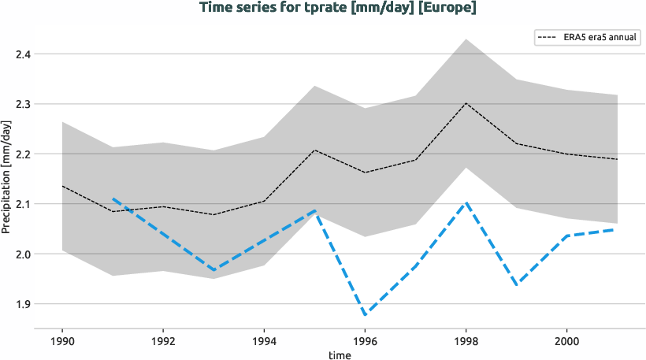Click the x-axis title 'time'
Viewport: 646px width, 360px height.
pyautogui.click(x=339, y=354)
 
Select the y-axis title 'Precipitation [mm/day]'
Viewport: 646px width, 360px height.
pyautogui.click(x=7, y=179)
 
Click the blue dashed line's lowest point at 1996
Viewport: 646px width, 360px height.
pyautogui.click(x=365, y=314)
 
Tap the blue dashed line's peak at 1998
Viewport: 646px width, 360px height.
pyautogui.click(x=466, y=202)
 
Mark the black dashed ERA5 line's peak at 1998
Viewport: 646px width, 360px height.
pyautogui.click(x=466, y=103)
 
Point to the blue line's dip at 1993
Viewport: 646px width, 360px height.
pyautogui.click(x=213, y=270)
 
